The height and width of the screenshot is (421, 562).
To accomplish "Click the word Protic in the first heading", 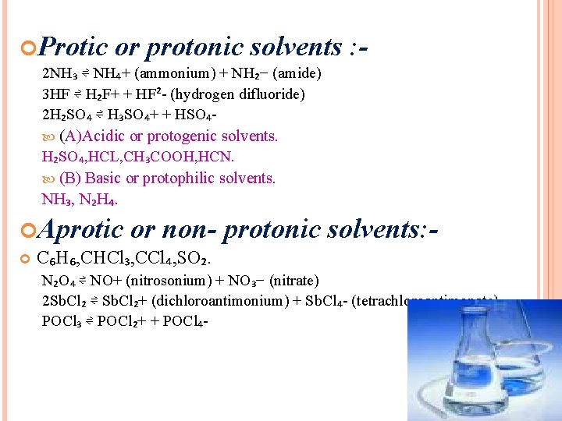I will coord(72,48).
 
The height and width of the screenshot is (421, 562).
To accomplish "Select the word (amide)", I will coord(297,74).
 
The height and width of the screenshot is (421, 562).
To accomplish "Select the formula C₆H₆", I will coord(55,257).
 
